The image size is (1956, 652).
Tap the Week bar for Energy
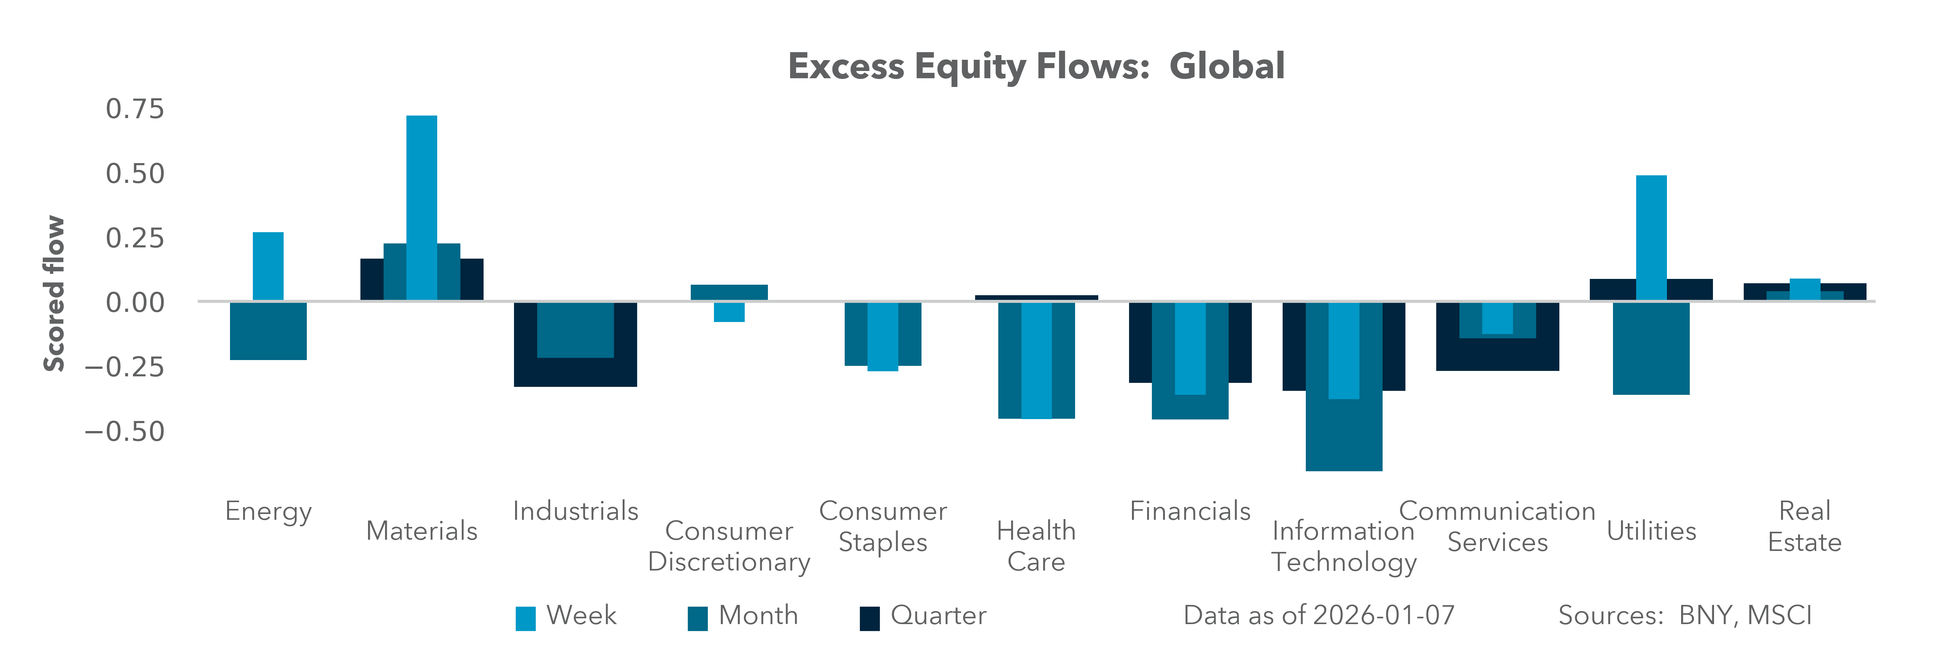[x=268, y=266]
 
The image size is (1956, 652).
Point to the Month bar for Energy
[x=268, y=331]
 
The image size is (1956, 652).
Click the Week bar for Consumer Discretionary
[x=729, y=312]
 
